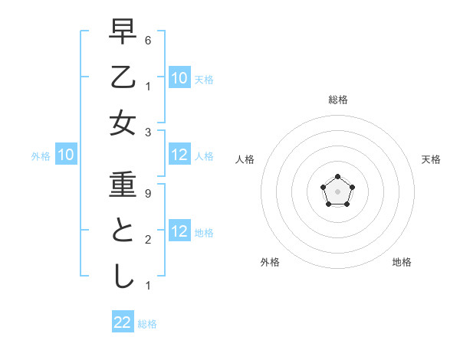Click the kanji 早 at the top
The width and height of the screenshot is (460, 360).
[123, 33]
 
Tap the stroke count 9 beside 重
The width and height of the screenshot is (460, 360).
[147, 194]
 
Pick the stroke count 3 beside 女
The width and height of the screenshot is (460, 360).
[147, 132]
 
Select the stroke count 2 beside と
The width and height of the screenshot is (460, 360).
[147, 239]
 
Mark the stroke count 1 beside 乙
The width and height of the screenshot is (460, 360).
[147, 86]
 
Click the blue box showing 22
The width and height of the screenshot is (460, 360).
[123, 322]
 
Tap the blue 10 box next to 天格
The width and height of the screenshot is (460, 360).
[179, 77]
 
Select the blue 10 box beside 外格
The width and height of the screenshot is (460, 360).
[65, 155]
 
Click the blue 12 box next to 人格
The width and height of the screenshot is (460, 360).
[179, 155]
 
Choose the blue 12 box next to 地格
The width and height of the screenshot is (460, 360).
[179, 231]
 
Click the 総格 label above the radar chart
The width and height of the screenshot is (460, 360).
[337, 100]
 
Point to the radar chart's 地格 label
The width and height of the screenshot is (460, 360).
[402, 262]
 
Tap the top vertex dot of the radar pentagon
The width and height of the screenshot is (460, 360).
[337, 177]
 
